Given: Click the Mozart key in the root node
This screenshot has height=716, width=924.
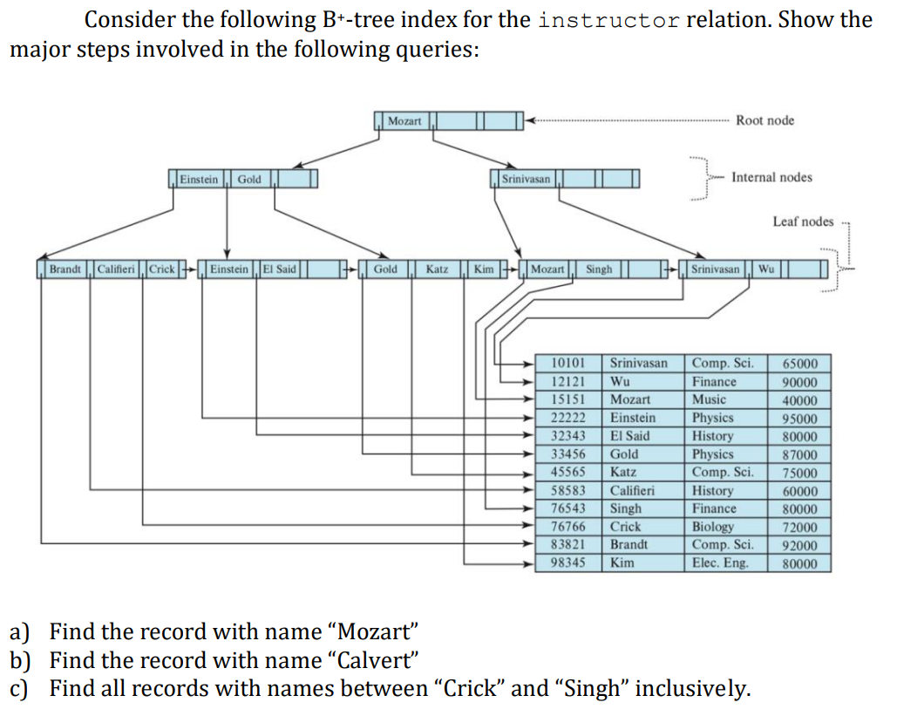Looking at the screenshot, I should coord(404,120).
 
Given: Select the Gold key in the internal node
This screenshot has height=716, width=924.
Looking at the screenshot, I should coord(249,179).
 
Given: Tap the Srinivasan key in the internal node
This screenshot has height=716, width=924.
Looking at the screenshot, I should coord(526,179).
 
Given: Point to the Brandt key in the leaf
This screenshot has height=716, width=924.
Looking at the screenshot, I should coord(65,269).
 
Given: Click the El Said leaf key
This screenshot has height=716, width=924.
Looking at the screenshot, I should coord(280,269).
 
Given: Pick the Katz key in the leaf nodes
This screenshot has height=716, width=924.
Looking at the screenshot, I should coord(437,269).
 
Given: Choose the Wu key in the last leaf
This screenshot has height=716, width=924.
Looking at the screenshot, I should coord(765,269).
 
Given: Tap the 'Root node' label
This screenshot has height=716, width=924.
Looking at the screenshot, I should coord(764,120).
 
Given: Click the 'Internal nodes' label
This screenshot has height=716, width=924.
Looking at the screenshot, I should coord(771,177).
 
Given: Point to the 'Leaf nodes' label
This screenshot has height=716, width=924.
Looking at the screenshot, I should coord(803,222).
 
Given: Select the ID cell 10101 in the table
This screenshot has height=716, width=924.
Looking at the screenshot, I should coord(569,363).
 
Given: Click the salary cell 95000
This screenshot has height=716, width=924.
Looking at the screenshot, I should coord(799,418).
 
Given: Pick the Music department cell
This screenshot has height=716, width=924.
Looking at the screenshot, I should coord(709,399).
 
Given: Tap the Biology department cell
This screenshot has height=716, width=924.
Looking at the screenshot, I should coord(713,527).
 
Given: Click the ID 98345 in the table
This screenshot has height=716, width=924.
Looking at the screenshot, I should coord(569,563).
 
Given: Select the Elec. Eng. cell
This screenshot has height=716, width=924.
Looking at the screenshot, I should coord(720,563).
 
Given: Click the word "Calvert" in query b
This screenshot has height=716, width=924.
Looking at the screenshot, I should coord(375,659).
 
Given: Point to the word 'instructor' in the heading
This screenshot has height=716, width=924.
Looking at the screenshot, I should coord(608,20).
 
